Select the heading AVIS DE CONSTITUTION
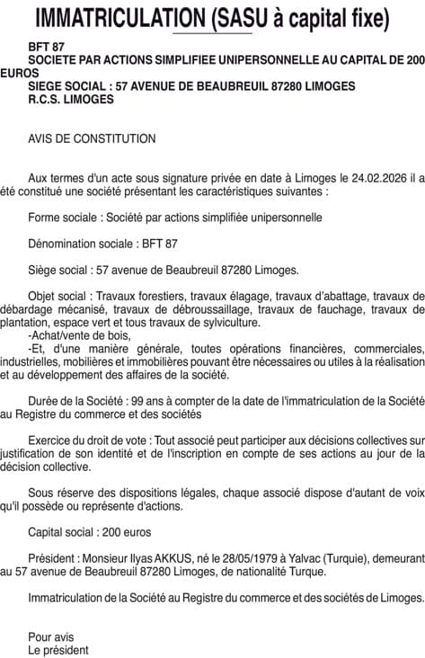point(92,138)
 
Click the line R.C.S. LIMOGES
point(71,99)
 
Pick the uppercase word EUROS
point(19,72)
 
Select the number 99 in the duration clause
point(137,401)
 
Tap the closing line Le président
point(58,649)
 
